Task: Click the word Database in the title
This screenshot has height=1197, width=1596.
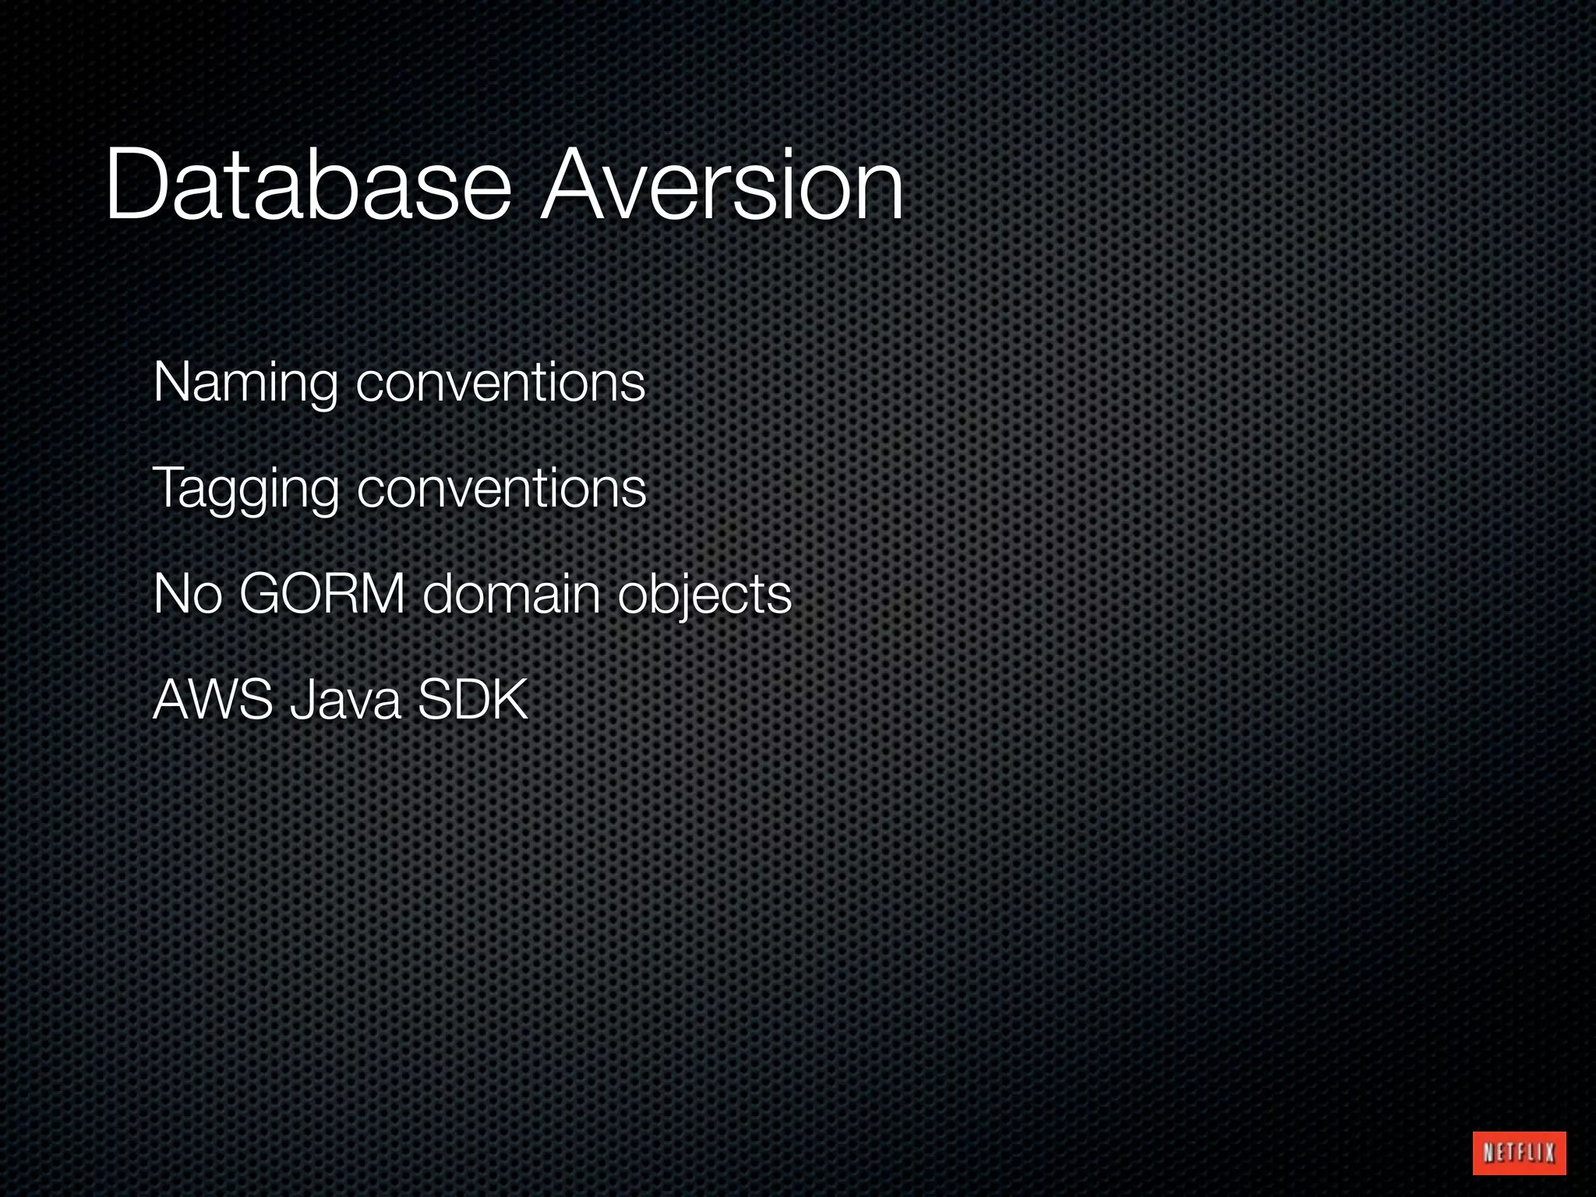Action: (308, 187)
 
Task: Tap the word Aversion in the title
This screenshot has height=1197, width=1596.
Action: (722, 187)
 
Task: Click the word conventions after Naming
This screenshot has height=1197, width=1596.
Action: (500, 383)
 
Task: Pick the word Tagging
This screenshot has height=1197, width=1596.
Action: (245, 489)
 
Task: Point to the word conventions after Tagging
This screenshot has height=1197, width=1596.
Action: (501, 489)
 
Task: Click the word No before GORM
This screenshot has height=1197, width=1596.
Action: (188, 595)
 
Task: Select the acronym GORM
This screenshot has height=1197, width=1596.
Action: (322, 595)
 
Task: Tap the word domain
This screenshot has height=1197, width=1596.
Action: (511, 595)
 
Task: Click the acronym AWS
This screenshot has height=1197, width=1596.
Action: (213, 700)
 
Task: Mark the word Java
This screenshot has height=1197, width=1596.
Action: (345, 700)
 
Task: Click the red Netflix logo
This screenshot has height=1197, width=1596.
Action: (1519, 1152)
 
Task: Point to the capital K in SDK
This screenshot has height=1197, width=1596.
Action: (510, 700)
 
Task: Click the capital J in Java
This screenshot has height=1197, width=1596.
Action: (299, 700)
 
